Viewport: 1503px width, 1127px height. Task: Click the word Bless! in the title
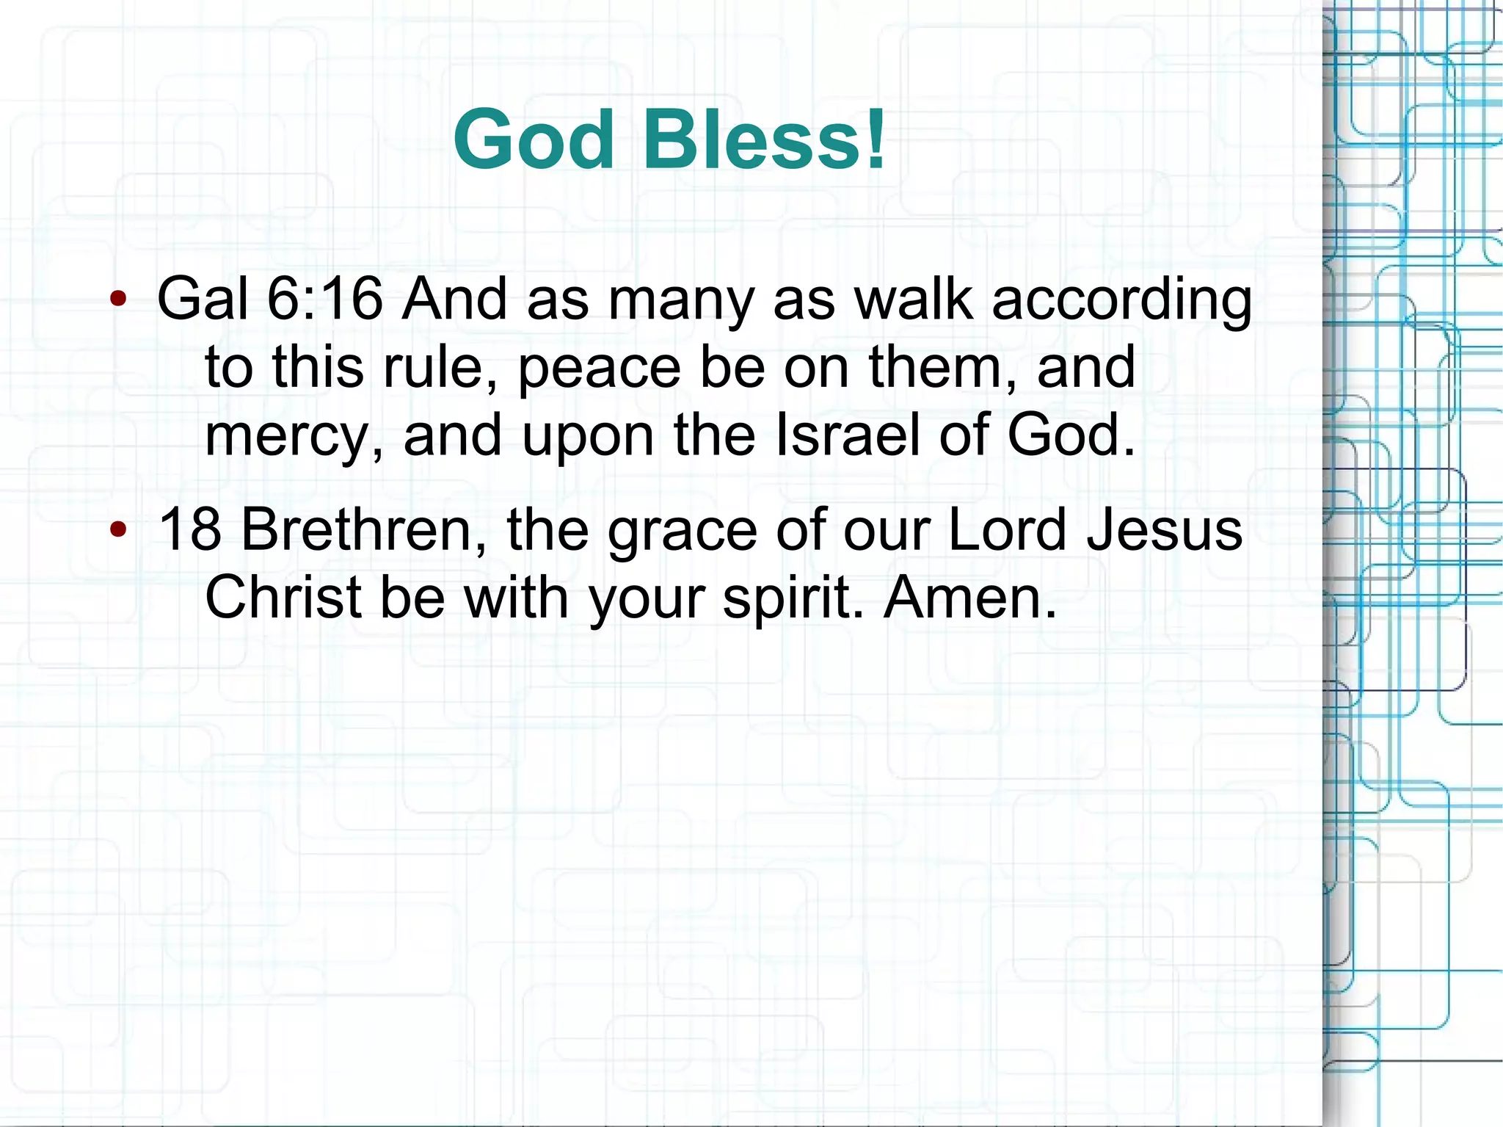click(765, 139)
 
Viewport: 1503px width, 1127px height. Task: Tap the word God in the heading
click(534, 139)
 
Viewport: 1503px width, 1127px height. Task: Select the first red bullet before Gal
click(117, 299)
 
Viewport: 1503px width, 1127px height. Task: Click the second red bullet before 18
click(117, 529)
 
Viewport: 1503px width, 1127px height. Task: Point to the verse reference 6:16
click(324, 299)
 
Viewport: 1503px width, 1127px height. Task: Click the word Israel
click(847, 435)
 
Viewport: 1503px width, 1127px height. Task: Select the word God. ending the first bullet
click(1071, 435)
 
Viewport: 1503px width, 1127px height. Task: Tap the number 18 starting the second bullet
click(189, 529)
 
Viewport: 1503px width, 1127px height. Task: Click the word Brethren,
click(364, 529)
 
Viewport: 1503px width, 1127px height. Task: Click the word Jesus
click(1165, 529)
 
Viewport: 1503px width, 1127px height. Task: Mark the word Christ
click(283, 597)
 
